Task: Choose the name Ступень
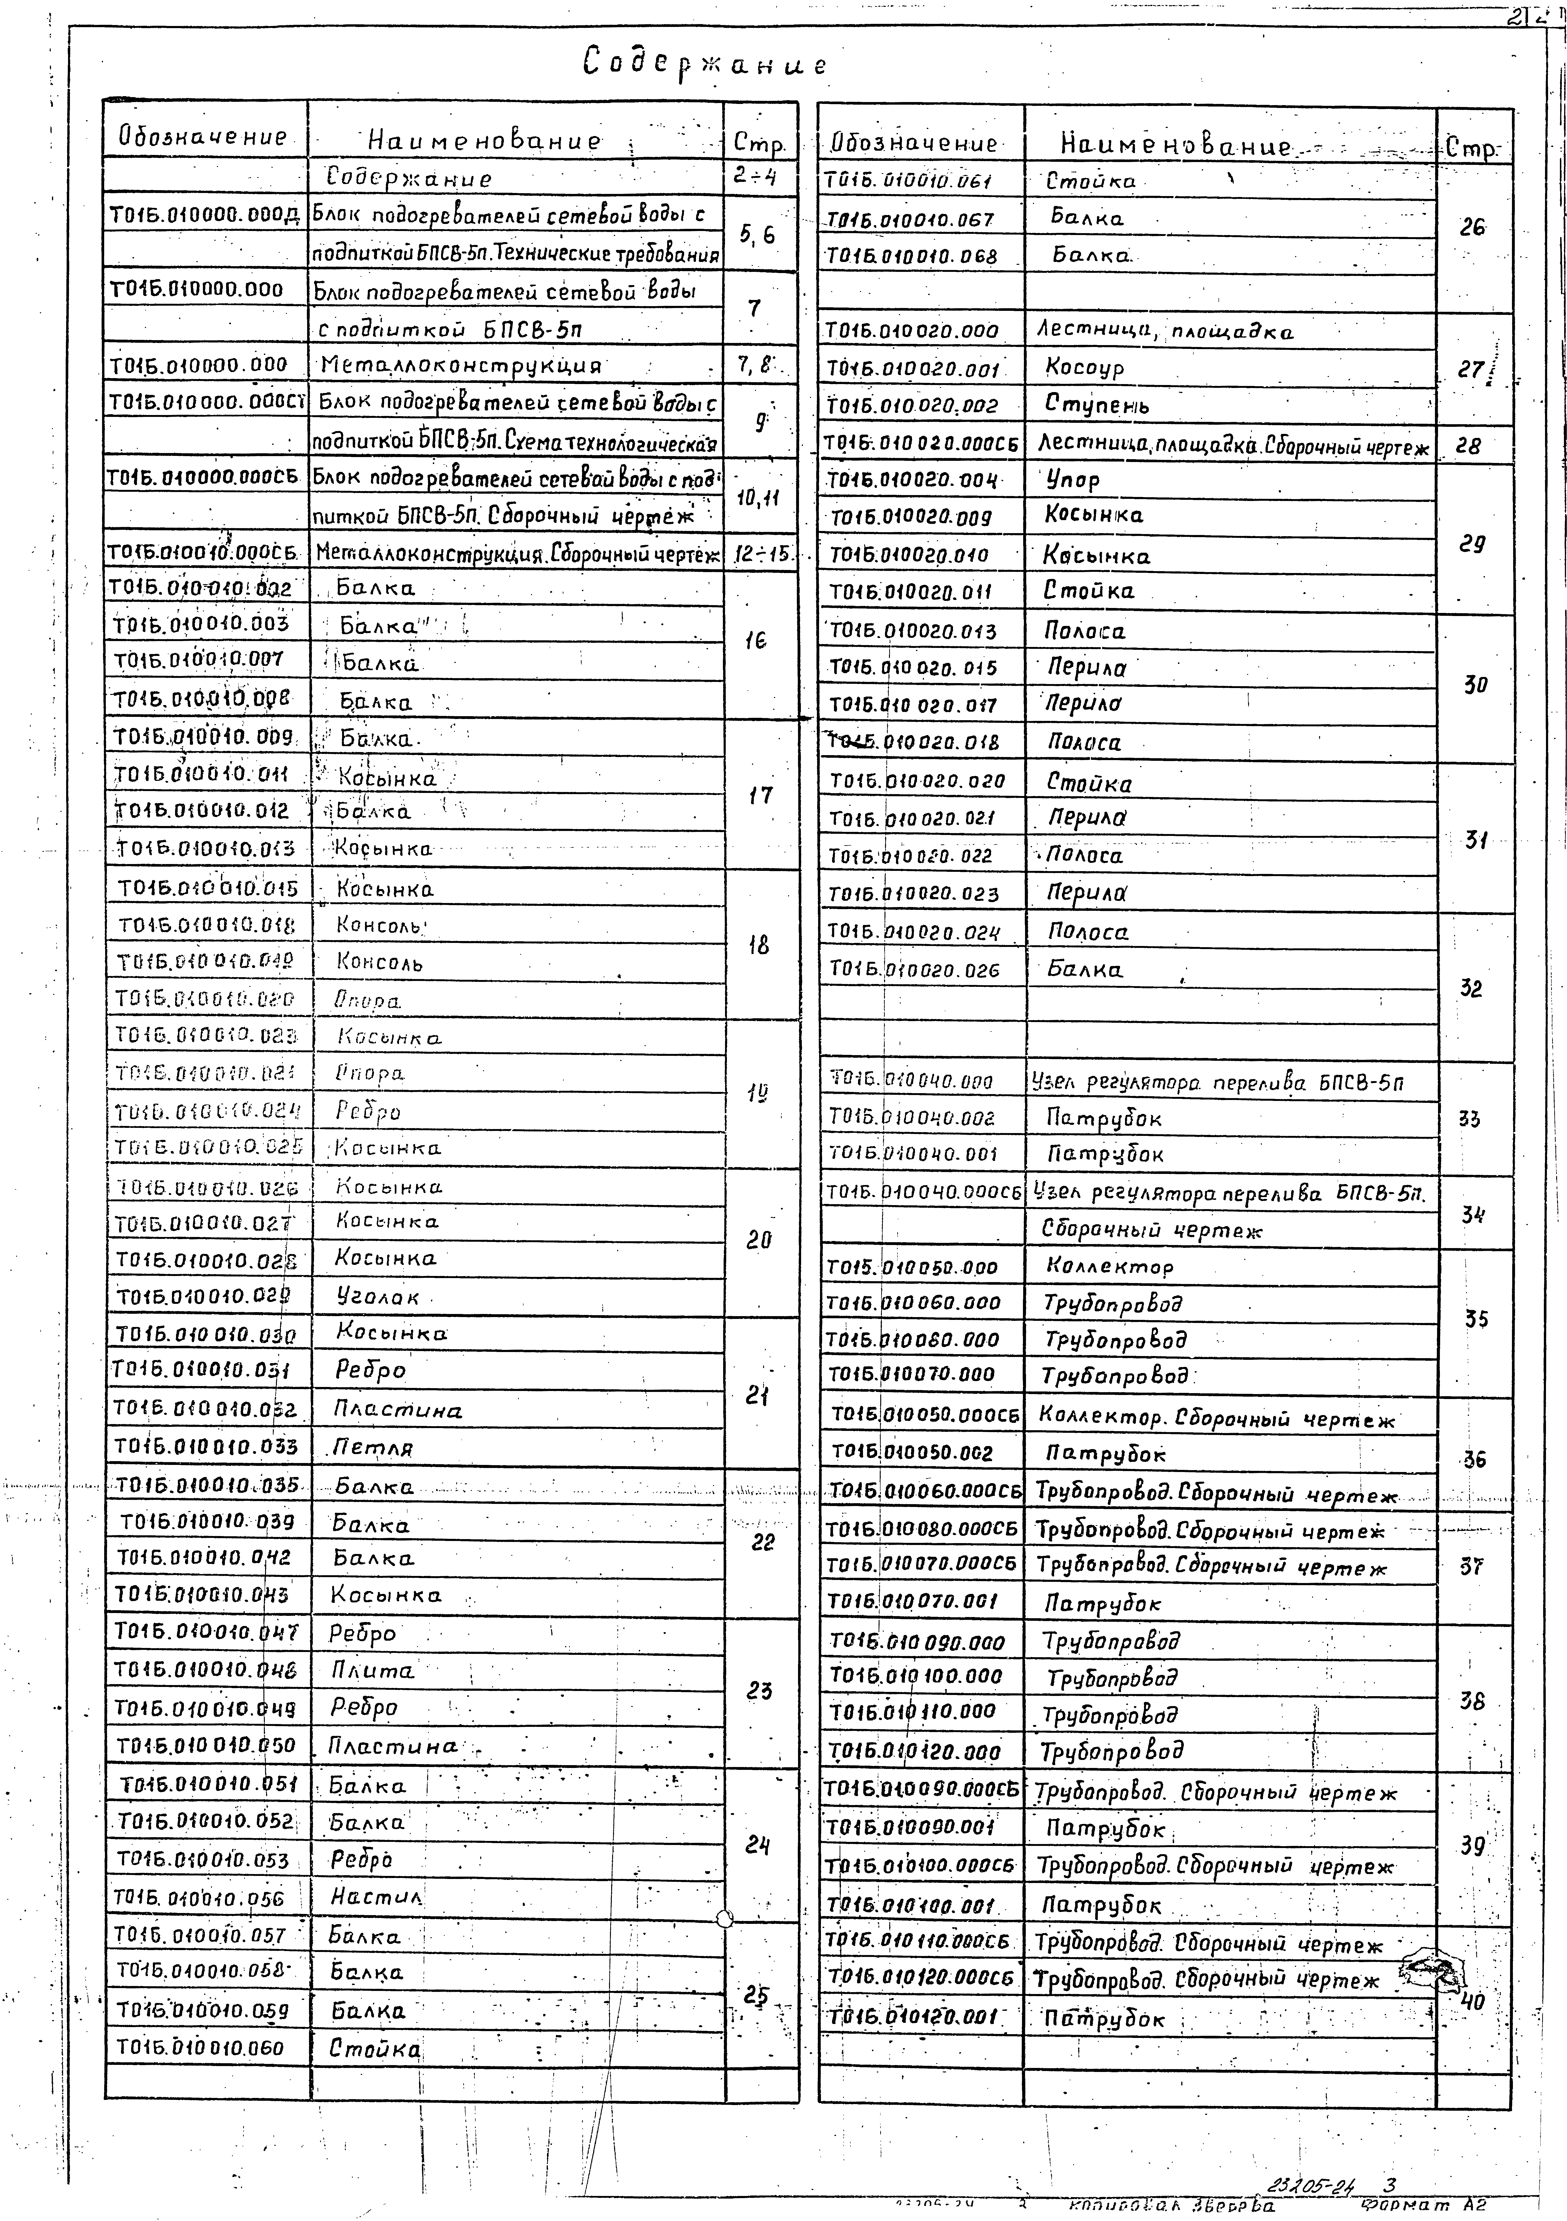pos(1097,405)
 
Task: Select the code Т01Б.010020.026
pos(914,969)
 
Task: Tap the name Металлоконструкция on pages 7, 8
pos(460,366)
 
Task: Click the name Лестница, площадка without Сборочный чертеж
pos(1165,332)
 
